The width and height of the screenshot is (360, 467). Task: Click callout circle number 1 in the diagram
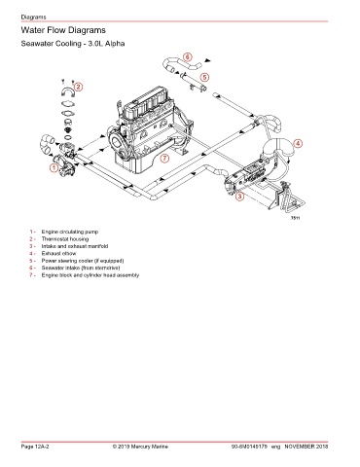54,167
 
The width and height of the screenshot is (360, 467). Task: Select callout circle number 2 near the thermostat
78,87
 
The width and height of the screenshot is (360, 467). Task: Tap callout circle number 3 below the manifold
239,196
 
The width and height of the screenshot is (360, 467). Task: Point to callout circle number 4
298,144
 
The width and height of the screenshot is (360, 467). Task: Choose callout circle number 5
204,77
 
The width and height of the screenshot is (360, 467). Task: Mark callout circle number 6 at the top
188,57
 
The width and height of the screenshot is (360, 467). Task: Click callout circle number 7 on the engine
165,159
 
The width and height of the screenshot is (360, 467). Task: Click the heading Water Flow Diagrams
63,30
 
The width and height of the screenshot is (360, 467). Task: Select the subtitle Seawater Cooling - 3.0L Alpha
73,44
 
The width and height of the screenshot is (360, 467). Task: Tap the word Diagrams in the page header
33,17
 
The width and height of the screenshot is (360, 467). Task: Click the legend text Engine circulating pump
70,232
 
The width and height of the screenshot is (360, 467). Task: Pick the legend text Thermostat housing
65,239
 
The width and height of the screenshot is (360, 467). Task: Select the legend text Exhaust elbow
58,253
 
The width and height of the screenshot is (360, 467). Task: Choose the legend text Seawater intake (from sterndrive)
81,268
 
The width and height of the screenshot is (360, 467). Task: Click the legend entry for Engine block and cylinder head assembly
90,275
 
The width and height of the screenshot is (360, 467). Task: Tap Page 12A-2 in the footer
35,447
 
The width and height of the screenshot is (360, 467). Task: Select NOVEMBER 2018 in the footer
306,447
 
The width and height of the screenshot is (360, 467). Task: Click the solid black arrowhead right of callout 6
207,60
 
